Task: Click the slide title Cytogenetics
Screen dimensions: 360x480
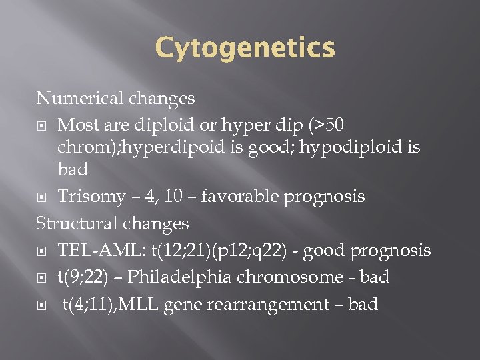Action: [x=245, y=48]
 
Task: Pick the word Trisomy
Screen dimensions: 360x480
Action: [x=91, y=197]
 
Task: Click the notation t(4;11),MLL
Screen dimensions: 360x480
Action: [x=112, y=305]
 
